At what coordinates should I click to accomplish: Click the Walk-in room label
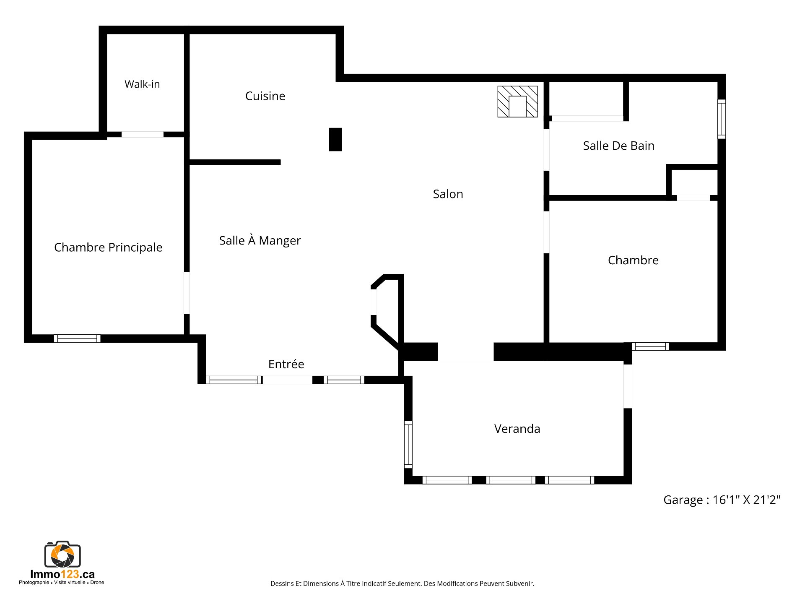(142, 84)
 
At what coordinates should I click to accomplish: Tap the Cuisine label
(265, 96)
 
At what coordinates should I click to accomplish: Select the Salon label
(448, 194)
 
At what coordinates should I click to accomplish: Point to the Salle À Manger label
(260, 240)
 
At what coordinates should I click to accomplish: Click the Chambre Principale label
(108, 247)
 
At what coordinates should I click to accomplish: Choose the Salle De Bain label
(618, 146)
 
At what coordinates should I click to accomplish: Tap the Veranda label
(517, 429)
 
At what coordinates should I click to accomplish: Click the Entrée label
(286, 364)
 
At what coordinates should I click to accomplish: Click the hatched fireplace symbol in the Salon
(517, 102)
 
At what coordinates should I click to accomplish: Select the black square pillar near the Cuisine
(335, 139)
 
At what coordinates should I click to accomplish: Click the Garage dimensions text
(722, 500)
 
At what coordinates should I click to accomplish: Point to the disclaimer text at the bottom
(402, 583)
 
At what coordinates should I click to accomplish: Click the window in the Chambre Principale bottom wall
(77, 338)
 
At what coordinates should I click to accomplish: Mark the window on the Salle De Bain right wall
(722, 119)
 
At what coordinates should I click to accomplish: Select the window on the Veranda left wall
(408, 445)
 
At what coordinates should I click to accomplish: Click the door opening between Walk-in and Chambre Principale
(143, 134)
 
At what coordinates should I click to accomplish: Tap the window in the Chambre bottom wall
(650, 346)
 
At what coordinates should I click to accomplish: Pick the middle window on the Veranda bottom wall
(511, 480)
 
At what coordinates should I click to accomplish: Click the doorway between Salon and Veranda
(466, 352)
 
